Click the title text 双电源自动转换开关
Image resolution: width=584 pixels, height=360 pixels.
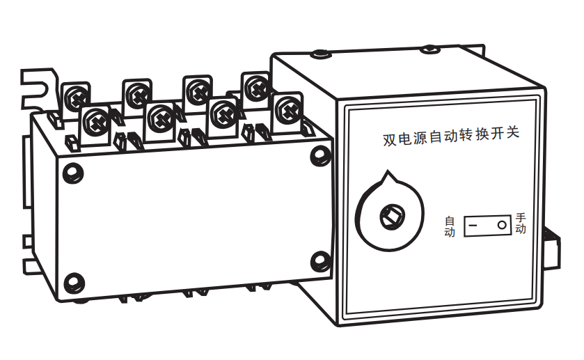pos(451,136)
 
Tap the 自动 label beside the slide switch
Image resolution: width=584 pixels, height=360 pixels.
pos(450,226)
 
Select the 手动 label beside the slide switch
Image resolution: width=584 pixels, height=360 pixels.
pos(521,224)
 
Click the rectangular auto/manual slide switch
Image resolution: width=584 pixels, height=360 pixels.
pos(487,226)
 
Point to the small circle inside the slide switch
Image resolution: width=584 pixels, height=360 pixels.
pos(502,225)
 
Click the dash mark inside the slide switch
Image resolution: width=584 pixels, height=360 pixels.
pos(473,226)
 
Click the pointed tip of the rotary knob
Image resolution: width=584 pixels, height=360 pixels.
pos(388,171)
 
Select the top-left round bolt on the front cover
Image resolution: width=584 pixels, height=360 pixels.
pos(73,173)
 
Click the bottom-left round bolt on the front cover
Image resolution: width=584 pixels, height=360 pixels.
pos(74,283)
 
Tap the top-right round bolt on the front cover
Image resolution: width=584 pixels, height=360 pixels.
pos(321,155)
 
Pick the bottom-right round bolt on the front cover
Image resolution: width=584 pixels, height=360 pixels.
pos(321,261)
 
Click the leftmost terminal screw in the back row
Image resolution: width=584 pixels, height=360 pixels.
pos(76,98)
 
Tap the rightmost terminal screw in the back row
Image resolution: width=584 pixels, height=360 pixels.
pos(257,88)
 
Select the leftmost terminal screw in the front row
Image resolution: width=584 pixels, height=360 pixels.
pos(96,122)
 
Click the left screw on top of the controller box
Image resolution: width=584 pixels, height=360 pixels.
pos(321,54)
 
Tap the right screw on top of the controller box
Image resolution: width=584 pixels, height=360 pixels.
pos(429,49)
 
